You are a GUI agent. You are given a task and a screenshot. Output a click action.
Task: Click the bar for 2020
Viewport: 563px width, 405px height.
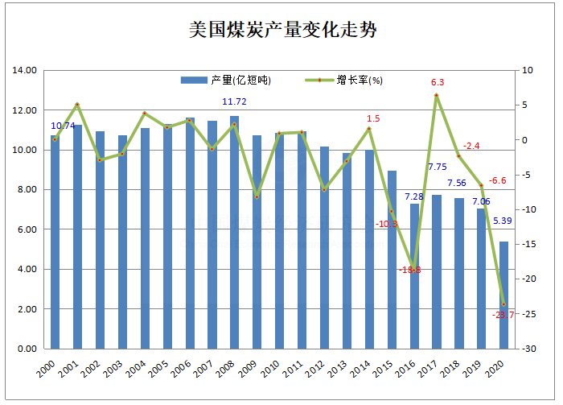(503, 295)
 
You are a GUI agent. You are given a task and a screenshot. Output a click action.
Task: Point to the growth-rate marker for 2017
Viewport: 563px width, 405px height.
(436, 96)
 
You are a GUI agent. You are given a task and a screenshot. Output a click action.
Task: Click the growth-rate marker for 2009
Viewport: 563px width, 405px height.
(257, 196)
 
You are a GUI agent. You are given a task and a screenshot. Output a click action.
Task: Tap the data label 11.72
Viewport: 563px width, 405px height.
(234, 101)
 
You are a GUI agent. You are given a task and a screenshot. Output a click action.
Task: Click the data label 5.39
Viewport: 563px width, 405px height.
(503, 221)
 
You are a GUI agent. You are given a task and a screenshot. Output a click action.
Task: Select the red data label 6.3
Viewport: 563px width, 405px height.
(438, 82)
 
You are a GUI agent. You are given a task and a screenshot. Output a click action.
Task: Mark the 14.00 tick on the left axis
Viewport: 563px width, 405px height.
(27, 71)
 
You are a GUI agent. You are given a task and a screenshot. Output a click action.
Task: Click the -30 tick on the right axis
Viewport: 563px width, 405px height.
(528, 349)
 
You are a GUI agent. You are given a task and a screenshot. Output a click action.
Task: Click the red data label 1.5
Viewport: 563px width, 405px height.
(373, 118)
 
